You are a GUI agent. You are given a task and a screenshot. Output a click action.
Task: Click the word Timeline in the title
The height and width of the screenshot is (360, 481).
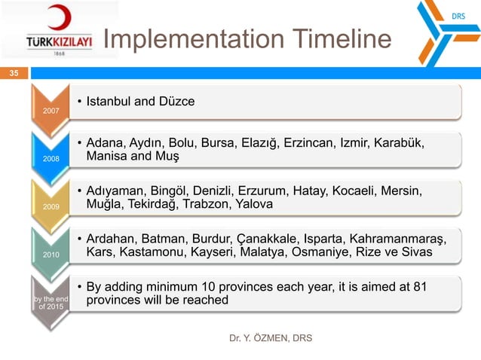click(x=329, y=40)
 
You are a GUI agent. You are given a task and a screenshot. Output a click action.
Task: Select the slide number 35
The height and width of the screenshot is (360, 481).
click(x=14, y=73)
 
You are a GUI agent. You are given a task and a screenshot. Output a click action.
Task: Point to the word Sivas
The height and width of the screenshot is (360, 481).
click(x=416, y=252)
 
